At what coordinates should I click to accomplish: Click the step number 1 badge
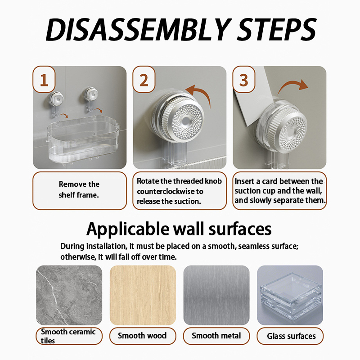tap(44, 80)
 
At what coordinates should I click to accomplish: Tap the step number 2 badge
tap(144, 80)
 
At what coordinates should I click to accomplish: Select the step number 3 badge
tap(244, 80)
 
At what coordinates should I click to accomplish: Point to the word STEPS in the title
tap(277, 29)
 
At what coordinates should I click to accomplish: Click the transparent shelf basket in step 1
tap(83, 139)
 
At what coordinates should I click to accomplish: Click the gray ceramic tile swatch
tap(69, 295)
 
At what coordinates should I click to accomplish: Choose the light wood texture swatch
tap(143, 295)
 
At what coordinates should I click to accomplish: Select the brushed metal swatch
tap(216, 295)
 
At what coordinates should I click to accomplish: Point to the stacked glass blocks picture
tap(290, 295)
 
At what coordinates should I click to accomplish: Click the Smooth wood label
tap(142, 336)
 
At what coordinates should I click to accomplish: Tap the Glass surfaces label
tap(291, 336)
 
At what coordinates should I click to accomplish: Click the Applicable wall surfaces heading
tap(179, 229)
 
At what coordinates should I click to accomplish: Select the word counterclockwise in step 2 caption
tap(164, 191)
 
